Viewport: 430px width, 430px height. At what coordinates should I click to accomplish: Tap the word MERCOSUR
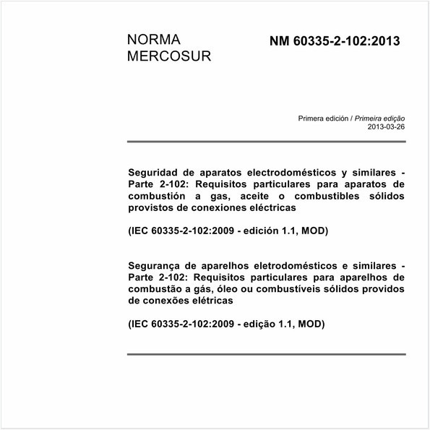(x=169, y=56)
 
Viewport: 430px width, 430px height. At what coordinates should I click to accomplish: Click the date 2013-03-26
(x=387, y=126)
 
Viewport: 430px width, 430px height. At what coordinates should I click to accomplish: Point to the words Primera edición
(x=323, y=118)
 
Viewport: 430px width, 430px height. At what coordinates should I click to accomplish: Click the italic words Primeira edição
(x=379, y=118)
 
